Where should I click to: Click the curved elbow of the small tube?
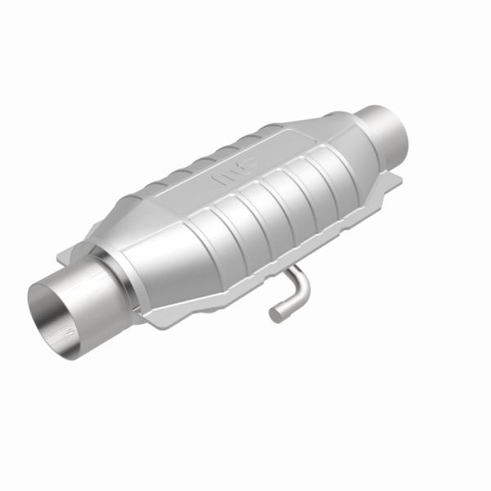pos(303,286)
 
